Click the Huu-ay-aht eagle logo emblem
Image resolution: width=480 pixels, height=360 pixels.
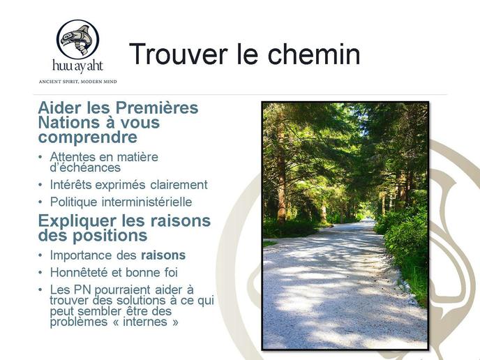77,39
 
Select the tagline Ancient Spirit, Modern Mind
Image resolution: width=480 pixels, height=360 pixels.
77,82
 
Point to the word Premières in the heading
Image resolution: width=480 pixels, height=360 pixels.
157,107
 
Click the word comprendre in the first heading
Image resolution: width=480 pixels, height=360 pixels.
87,137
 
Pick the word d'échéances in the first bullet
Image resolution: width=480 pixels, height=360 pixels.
85,167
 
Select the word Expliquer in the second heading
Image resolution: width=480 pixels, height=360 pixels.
77,221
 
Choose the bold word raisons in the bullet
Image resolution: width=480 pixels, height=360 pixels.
163,255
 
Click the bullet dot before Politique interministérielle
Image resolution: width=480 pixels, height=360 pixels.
40,202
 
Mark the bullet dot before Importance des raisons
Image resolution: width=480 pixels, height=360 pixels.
40,255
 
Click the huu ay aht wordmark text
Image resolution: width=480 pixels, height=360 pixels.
77,66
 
